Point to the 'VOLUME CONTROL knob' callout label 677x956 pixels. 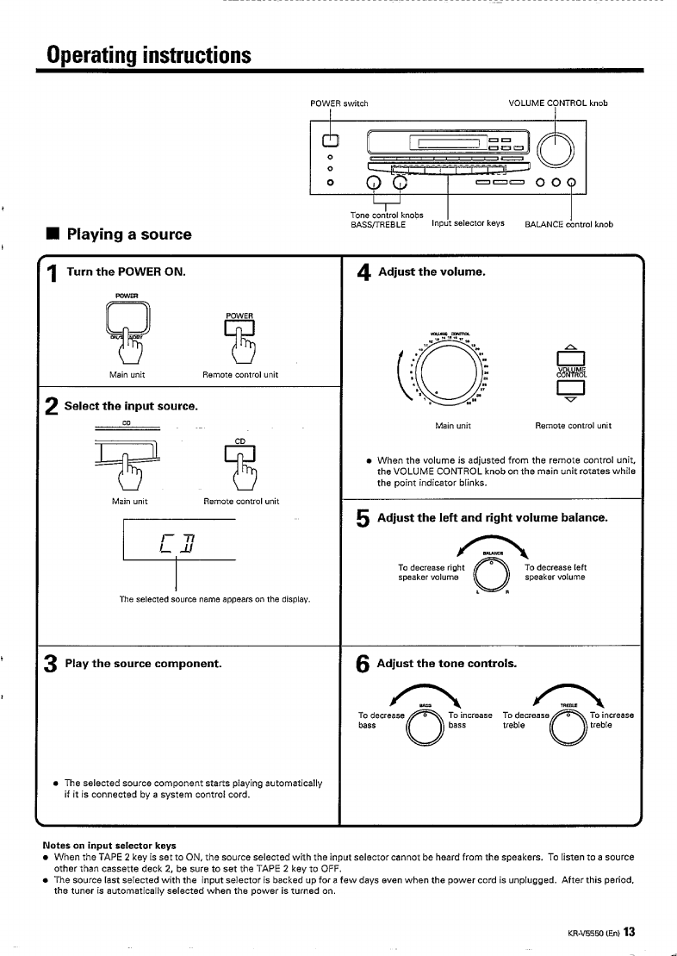point(558,103)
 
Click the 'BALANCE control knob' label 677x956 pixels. point(568,224)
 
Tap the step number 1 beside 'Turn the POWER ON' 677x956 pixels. point(51,275)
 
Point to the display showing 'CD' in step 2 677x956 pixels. point(180,541)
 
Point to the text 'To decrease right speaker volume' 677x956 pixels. point(431,572)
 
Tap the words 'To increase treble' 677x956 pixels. point(612,720)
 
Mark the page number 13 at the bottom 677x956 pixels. point(630,931)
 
